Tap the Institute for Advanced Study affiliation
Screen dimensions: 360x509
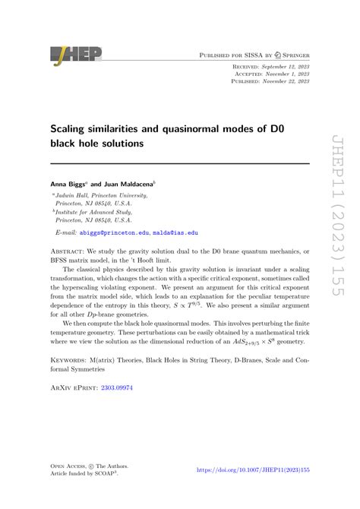click(101, 212)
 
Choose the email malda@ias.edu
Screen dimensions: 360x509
click(174, 232)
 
